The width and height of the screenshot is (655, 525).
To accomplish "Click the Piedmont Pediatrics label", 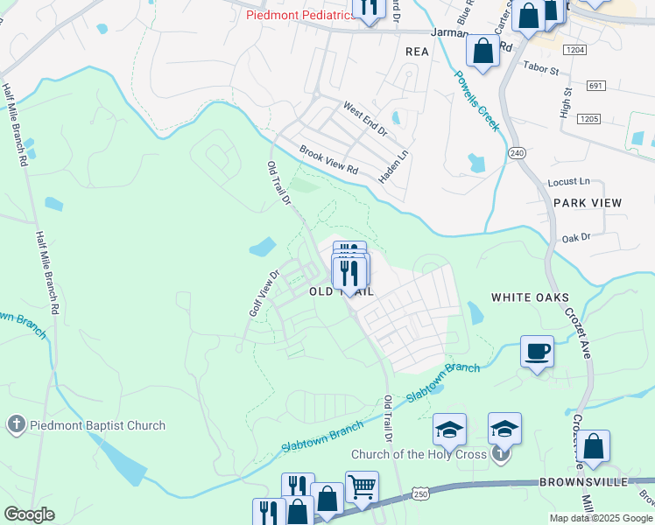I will pos(299,15).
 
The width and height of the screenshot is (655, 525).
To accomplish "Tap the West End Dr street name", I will pos(364,119).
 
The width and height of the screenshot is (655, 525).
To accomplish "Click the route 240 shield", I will pos(517,153).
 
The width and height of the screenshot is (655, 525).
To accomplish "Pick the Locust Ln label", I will pos(568,181).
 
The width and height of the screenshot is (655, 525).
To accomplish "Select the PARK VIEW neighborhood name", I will pos(588,203).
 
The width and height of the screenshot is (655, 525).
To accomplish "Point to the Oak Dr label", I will pos(577,237).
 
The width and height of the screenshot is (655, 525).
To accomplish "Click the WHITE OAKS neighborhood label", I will pos(530,297).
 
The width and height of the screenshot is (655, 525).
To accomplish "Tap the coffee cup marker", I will pos(538,353).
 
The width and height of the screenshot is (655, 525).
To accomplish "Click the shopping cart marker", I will pos(362,486).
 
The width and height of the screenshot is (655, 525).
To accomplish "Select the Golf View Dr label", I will pos(263,293).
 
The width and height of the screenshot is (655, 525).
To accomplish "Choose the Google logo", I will pos(29,514).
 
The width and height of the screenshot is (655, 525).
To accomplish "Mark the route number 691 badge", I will pos(596,86).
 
